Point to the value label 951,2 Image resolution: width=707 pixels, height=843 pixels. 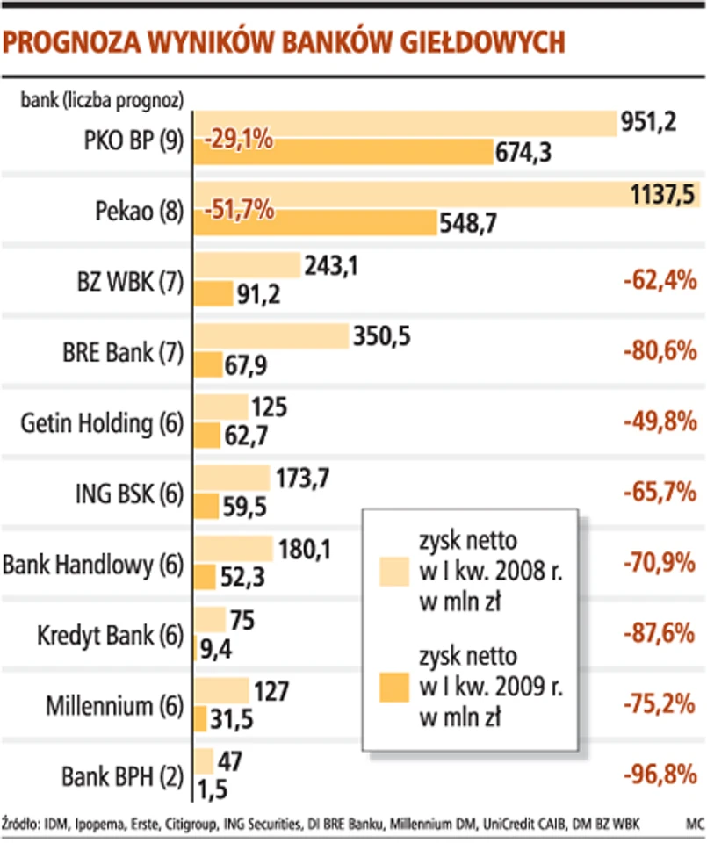(647, 122)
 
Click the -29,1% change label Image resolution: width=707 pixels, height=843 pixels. (239, 139)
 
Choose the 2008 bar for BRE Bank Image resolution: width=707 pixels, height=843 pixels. (271, 335)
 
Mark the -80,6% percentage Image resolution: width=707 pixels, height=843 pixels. (658, 352)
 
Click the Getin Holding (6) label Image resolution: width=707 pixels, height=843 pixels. (102, 422)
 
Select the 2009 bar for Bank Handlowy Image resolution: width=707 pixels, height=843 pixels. (204, 576)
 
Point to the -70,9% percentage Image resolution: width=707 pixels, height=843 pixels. (658, 563)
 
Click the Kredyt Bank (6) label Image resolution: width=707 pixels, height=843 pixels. (111, 634)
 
